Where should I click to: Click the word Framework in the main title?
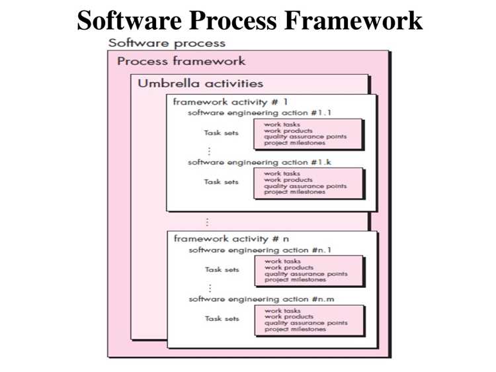353,21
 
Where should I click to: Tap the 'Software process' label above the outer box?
167,43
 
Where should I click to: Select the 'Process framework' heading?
181,61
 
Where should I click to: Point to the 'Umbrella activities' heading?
200,83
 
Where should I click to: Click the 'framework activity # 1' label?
231,102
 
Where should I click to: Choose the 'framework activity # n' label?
231,238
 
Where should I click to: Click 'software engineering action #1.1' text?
259,113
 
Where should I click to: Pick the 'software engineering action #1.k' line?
259,162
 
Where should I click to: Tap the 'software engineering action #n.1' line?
260,250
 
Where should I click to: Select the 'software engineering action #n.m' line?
261,299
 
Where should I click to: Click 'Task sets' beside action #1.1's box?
221,132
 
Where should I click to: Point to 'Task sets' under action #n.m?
222,318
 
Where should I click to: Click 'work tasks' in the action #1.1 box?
282,124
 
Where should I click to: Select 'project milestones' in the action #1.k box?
294,192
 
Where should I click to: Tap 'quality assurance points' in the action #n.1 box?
306,273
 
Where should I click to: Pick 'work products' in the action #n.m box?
289,316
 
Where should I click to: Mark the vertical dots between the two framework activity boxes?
207,222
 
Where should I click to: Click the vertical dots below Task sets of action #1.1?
209,151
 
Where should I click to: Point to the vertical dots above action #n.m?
210,288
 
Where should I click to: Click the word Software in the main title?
130,21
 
